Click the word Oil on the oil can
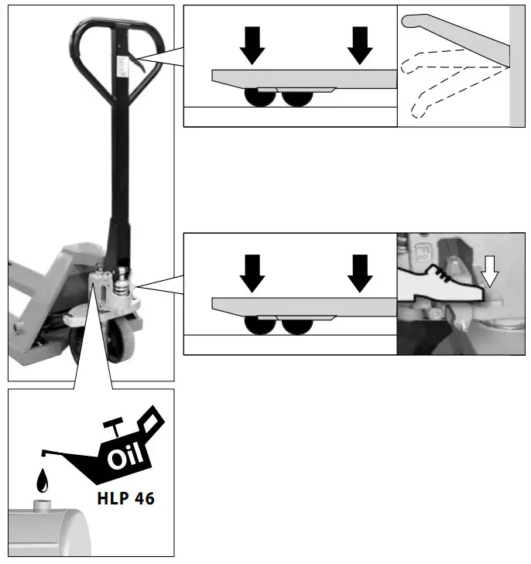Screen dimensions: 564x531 click(x=126, y=457)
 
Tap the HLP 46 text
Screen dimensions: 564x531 click(x=126, y=497)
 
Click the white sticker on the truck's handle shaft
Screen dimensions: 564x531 click(x=121, y=66)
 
